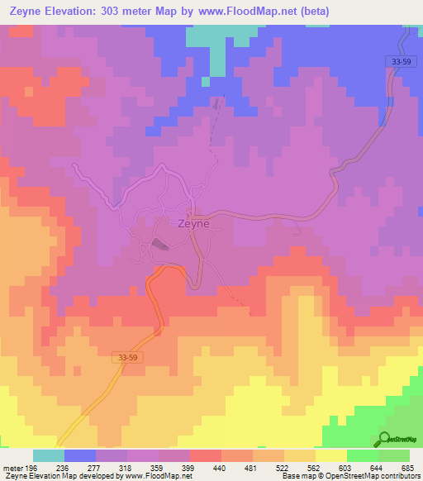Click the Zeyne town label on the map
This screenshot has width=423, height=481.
coord(194,223)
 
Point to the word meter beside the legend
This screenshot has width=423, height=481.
coord(13,468)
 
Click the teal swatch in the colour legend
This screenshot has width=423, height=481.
coord(48,455)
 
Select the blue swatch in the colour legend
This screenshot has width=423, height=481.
coord(79,455)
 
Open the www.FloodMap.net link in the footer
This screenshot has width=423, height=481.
coord(157,477)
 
